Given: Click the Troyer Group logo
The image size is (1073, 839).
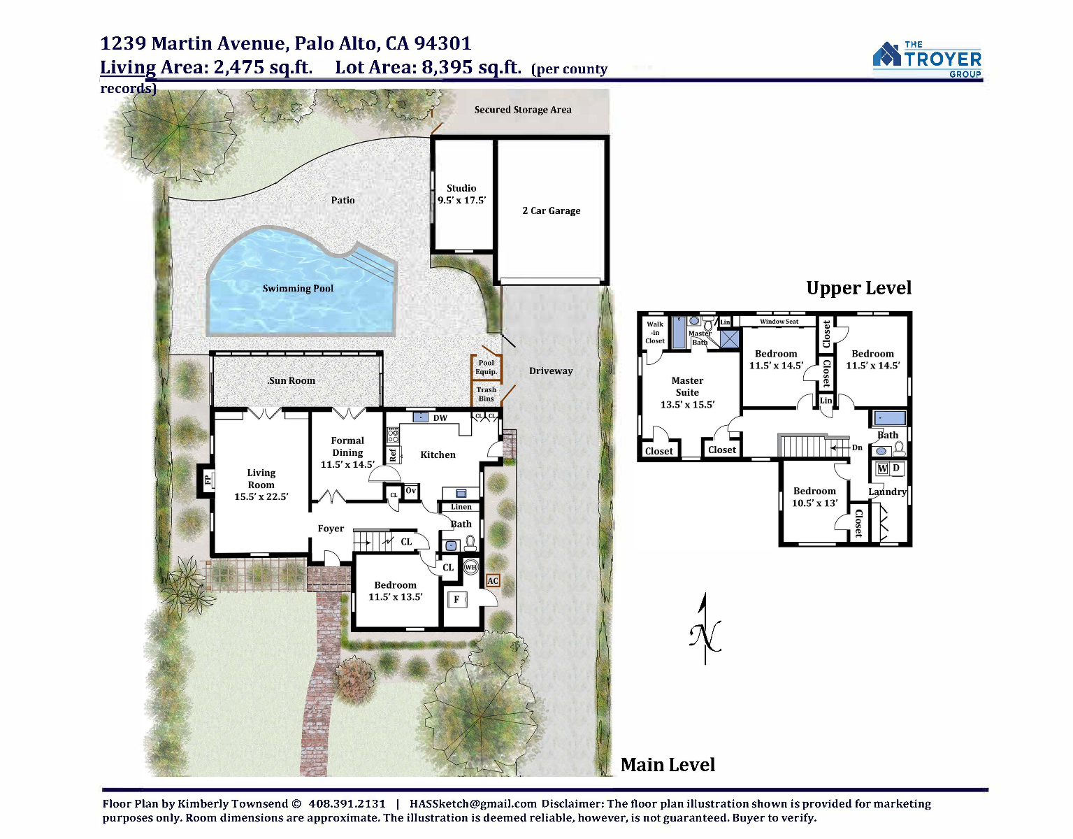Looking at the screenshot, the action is point(927,59).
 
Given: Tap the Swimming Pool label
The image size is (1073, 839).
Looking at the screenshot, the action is point(298,288).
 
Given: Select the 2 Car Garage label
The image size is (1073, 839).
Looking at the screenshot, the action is point(551,210).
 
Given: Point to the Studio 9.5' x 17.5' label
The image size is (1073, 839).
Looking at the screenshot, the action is point(461,194).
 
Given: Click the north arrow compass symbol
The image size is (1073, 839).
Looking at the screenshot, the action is point(705,629).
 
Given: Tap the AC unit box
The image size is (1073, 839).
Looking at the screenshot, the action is point(493,581).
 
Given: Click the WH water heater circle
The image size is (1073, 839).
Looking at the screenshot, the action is point(470,567).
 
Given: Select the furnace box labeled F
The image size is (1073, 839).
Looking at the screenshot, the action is point(457,599).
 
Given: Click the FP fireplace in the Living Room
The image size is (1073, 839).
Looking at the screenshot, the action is point(208,478).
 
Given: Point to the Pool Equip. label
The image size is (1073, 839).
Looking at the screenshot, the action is point(486,367).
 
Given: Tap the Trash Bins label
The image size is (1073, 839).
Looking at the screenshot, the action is point(486,394).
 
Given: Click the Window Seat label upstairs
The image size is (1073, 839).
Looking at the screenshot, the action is point(779,322).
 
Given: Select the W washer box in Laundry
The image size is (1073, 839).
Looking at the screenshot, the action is point(882,468).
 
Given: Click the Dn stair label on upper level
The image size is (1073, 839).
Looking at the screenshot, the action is point(857,447).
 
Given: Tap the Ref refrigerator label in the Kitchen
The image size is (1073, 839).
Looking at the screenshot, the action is point(393,454).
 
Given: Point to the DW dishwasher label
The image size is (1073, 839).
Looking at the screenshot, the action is point(440,418).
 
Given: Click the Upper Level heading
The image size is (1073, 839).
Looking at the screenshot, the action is point(858,288).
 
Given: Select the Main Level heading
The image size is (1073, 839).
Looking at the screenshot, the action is point(668,764).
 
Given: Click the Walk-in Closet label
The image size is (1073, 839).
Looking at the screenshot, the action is point(655,332).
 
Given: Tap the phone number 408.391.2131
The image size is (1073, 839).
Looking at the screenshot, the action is point(347,803).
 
